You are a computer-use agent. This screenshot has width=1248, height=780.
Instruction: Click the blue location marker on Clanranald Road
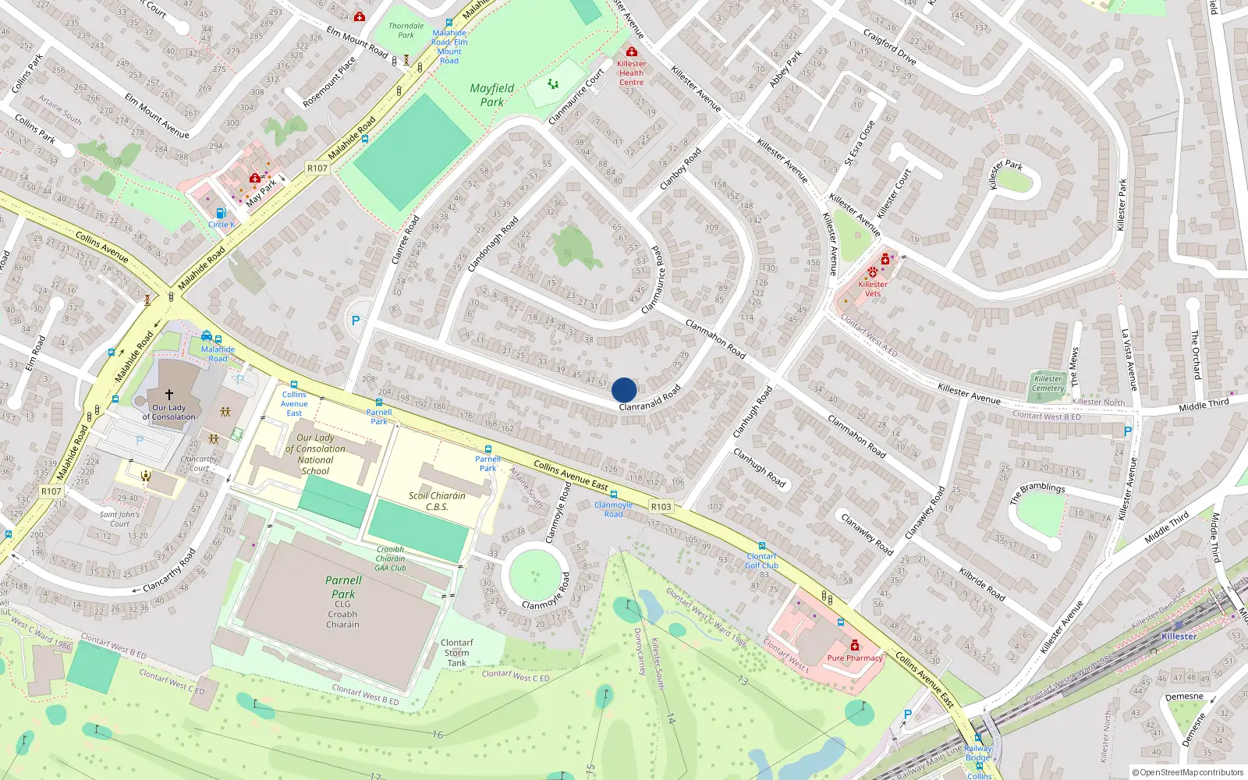[x=624, y=390]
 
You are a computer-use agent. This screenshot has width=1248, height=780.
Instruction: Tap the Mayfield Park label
[x=491, y=95]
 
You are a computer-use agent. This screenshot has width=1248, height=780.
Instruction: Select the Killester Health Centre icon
[x=631, y=52]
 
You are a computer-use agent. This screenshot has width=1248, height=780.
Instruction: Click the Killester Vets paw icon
[x=872, y=272]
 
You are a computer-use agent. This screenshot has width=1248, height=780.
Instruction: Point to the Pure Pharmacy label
[x=854, y=658]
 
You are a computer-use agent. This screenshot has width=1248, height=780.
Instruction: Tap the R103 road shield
[x=661, y=506]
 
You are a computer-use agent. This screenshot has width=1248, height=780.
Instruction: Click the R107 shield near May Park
[x=317, y=168]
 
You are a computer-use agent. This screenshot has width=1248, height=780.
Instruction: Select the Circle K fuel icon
[x=221, y=213]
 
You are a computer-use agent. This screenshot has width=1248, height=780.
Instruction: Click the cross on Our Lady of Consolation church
[x=169, y=395]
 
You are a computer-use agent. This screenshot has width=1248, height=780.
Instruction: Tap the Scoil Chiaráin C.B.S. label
[x=437, y=501]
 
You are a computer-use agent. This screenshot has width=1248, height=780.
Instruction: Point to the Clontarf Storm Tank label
[x=457, y=653]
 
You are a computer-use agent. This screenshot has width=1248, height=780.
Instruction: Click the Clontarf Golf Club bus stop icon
[x=761, y=546]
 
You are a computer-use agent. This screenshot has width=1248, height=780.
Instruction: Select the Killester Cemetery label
[x=1048, y=383]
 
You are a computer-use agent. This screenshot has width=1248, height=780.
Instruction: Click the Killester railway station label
[x=1179, y=636]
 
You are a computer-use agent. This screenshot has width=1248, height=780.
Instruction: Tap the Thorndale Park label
[x=406, y=30]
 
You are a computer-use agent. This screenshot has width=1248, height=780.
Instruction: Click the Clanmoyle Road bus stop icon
[x=614, y=495]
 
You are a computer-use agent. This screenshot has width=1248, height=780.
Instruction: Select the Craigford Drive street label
[x=889, y=46]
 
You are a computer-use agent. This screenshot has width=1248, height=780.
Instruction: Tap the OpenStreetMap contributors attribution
[x=1187, y=772]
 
